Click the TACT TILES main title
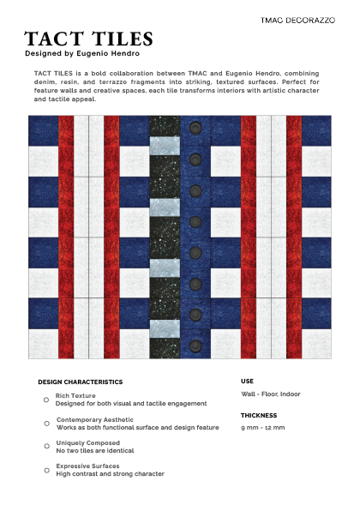89,39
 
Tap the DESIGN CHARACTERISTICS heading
81,382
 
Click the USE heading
247,381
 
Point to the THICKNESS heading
259,415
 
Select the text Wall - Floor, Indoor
271,394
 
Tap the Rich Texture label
75,396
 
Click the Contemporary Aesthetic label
97,420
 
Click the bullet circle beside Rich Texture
46,400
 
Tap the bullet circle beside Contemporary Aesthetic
46,424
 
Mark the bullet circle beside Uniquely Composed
46,447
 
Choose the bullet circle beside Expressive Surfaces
46,470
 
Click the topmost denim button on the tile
195,128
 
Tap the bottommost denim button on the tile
195,345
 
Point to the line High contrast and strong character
110,474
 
